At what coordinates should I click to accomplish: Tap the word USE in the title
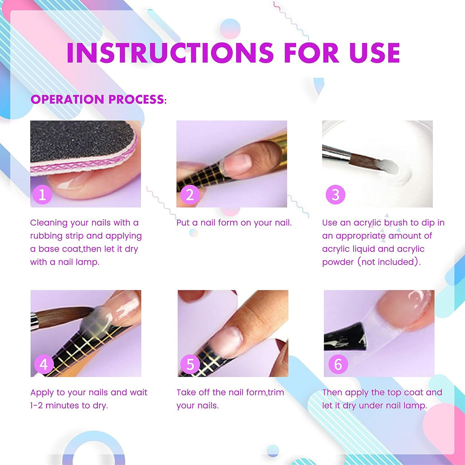[373, 53]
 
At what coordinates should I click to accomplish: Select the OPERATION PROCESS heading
[99, 99]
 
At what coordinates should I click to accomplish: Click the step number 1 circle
[42, 195]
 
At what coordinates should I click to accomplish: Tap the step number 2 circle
[190, 195]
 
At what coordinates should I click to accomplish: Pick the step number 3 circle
[336, 195]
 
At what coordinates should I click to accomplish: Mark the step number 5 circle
[190, 364]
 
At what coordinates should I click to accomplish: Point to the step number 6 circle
[337, 364]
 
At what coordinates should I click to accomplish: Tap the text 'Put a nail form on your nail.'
[234, 223]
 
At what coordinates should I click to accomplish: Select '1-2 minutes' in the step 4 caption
[54, 405]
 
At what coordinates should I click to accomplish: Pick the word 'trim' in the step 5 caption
[275, 392]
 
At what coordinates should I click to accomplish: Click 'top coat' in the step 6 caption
[402, 392]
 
